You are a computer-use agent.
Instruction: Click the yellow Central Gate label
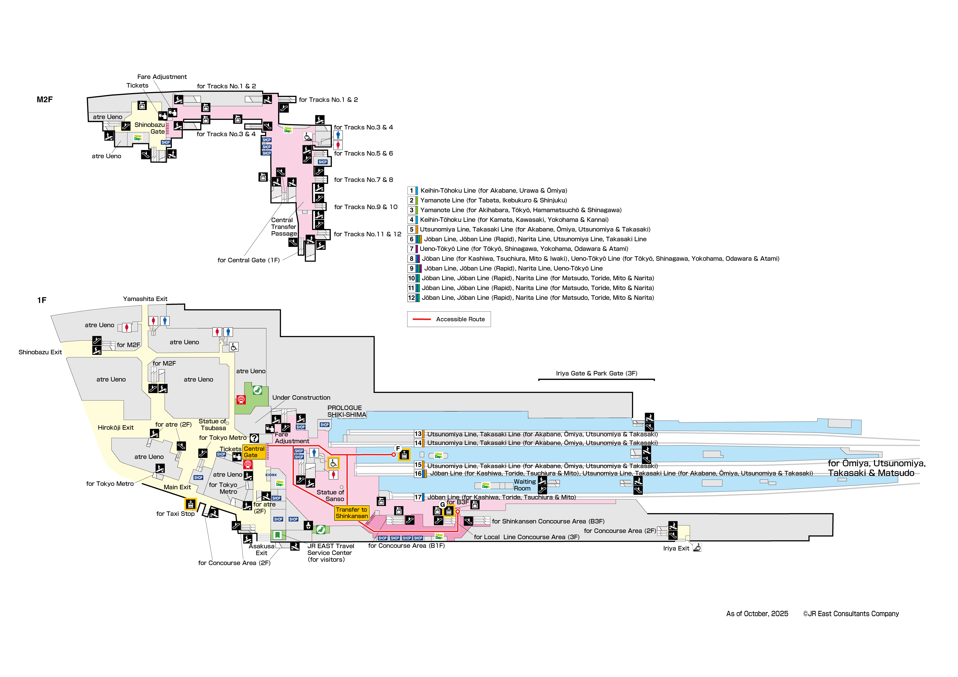click(x=254, y=452)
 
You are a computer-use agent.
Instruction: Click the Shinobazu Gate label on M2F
click(x=150, y=128)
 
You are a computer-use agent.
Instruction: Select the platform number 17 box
click(x=418, y=497)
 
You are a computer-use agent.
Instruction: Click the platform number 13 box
click(x=418, y=434)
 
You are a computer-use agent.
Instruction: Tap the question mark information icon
click(x=254, y=438)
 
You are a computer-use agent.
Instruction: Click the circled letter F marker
click(x=398, y=448)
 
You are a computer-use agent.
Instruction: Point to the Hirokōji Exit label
click(x=116, y=428)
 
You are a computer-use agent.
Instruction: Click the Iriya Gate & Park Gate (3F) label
click(x=596, y=373)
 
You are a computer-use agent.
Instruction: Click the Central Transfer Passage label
click(x=284, y=227)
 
